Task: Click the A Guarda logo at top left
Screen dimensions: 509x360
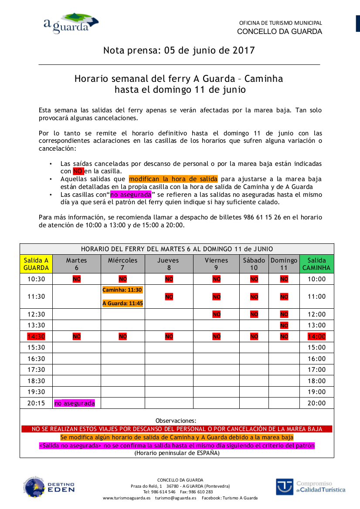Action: click(71, 23)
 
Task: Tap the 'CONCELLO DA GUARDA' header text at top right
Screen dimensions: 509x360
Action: click(279, 32)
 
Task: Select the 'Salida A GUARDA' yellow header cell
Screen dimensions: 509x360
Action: click(36, 264)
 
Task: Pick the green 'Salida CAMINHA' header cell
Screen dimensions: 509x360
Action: click(316, 264)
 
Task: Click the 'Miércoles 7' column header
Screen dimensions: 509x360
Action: click(122, 264)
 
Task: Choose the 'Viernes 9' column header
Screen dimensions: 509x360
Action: click(216, 264)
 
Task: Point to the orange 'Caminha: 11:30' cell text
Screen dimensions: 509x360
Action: click(122, 290)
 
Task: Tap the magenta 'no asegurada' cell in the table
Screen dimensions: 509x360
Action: click(75, 403)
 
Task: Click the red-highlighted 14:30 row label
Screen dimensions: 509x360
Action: click(36, 336)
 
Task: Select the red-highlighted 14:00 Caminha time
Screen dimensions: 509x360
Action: click(316, 336)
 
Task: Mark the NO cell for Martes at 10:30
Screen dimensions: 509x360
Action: click(76, 279)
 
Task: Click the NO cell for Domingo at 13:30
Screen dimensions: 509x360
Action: click(284, 325)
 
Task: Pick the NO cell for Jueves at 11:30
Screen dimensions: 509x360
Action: click(169, 297)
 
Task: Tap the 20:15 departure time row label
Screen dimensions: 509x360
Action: click(36, 403)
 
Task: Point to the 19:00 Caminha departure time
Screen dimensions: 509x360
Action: click(316, 392)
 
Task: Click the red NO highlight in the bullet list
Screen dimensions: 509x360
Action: click(78, 171)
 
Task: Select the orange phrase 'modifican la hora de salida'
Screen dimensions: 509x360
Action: click(173, 179)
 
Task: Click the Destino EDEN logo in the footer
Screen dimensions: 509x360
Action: click(48, 487)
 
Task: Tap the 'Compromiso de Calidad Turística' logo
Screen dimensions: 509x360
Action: click(310, 487)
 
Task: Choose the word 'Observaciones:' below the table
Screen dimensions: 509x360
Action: click(176, 421)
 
